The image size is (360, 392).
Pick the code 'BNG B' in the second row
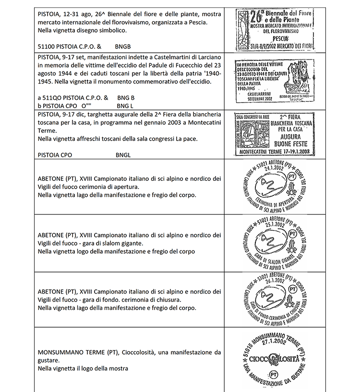[126, 97]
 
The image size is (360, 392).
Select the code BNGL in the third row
[123, 155]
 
